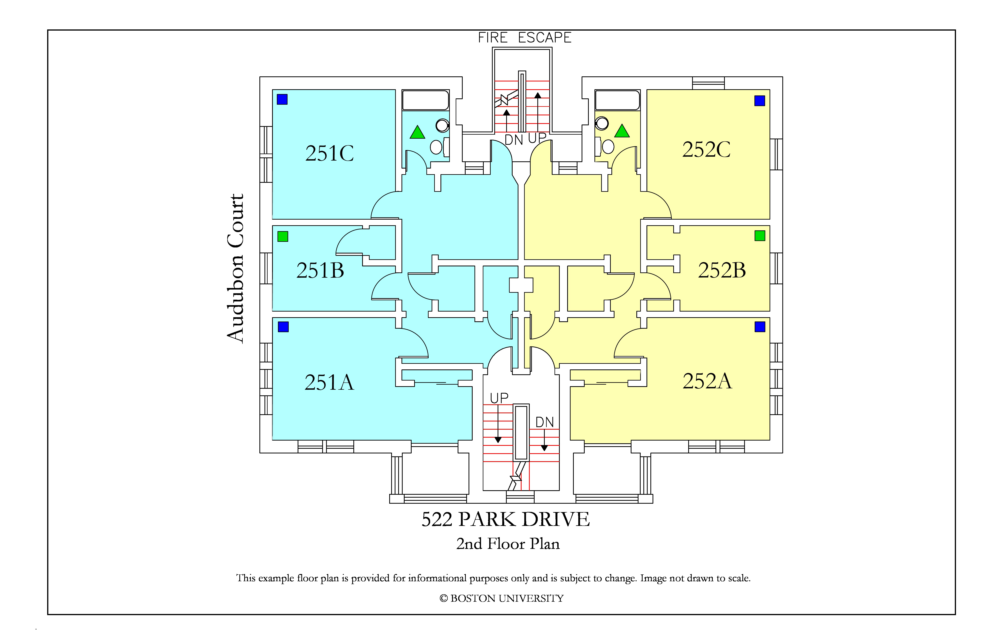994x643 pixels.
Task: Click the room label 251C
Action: tap(330, 153)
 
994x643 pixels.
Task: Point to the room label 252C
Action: tap(706, 149)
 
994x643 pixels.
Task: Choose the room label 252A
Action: tap(707, 381)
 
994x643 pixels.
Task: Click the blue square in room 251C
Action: tap(282, 99)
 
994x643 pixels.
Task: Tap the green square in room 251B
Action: tap(283, 236)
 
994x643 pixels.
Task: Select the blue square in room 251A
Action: tap(283, 327)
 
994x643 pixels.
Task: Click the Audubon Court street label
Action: tap(235, 269)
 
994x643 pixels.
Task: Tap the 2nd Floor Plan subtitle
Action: tap(508, 544)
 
